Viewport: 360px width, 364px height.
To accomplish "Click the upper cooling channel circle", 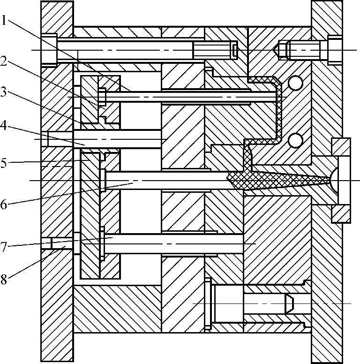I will (295, 83).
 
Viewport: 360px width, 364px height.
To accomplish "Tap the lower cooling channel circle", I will (295, 140).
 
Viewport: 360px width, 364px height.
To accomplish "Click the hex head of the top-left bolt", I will (49, 49).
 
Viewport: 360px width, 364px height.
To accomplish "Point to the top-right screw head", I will (335, 49).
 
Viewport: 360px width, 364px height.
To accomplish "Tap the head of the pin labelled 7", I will (102, 243).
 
